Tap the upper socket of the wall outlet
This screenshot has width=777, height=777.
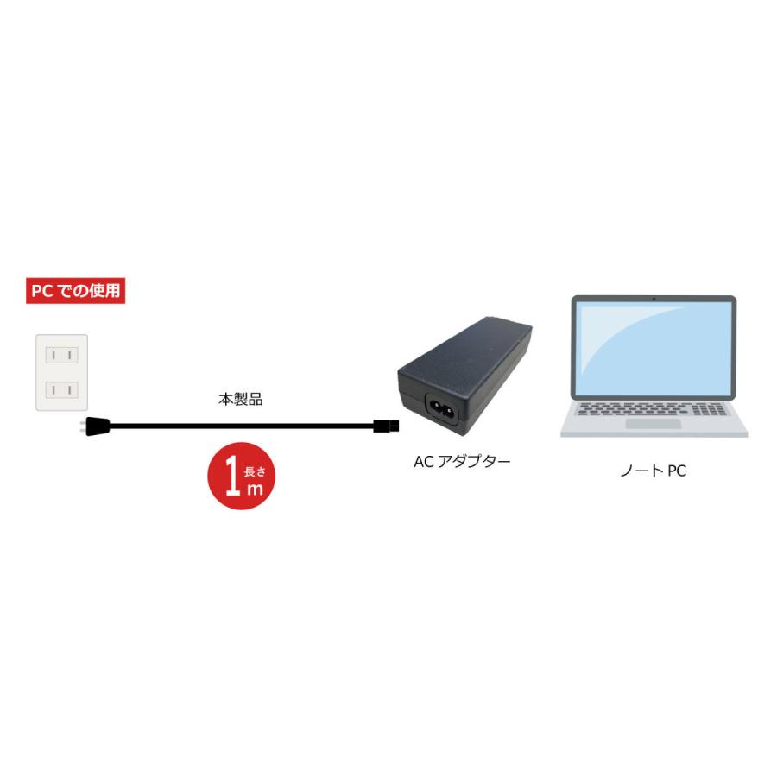click(x=61, y=355)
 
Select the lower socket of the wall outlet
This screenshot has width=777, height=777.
click(x=61, y=389)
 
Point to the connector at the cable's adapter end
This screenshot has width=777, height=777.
click(x=382, y=425)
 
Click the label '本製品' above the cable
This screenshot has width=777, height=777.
click(x=240, y=400)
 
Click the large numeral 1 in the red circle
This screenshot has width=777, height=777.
click(x=231, y=477)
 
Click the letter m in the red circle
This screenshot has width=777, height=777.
click(x=256, y=489)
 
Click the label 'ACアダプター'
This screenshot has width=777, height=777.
click(x=462, y=462)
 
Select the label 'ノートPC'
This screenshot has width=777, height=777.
click(x=653, y=471)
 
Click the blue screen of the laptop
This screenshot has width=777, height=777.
click(x=654, y=349)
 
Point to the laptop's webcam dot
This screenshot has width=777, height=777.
click(x=654, y=299)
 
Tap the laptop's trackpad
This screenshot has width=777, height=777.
click(x=654, y=423)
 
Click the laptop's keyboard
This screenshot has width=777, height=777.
click(x=654, y=408)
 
